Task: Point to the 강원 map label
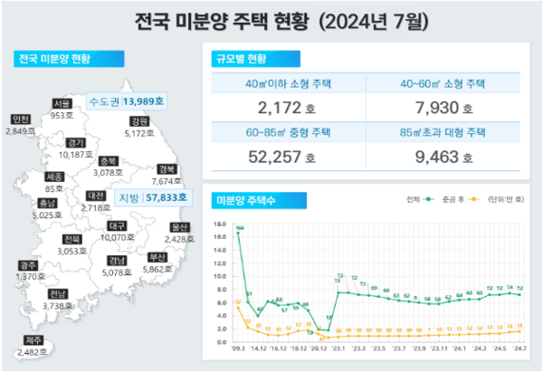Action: pyautogui.click(x=138, y=121)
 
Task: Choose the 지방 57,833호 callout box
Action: pyautogui.click(x=151, y=196)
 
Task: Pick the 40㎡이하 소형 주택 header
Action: pyautogui.click(x=286, y=83)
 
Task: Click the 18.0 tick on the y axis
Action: pyautogui.click(x=220, y=223)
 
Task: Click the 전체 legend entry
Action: pyautogui.click(x=414, y=198)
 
